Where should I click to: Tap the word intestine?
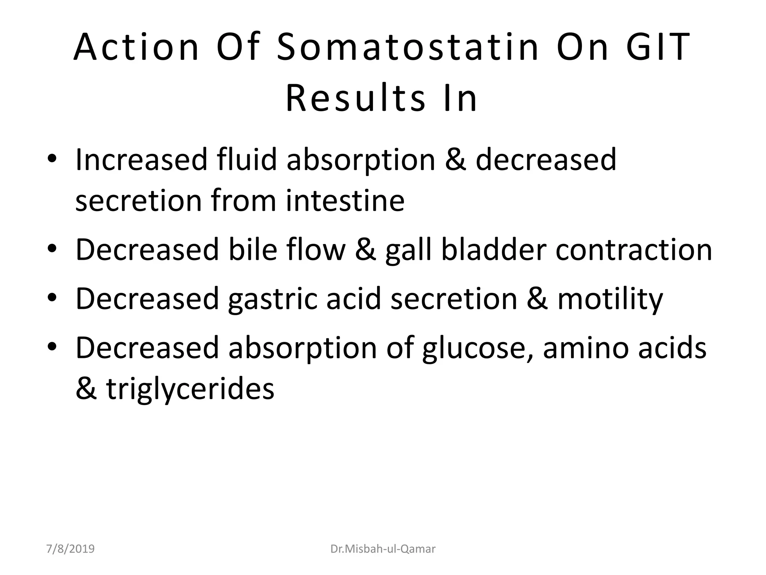coord(345,201)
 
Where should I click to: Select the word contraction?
coord(634,250)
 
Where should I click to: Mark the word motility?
coord(610,299)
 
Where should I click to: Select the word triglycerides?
coord(190,389)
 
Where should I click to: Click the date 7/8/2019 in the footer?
coord(70,549)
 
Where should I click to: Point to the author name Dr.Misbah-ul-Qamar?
coord(383,549)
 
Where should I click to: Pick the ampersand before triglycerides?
coord(86,389)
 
